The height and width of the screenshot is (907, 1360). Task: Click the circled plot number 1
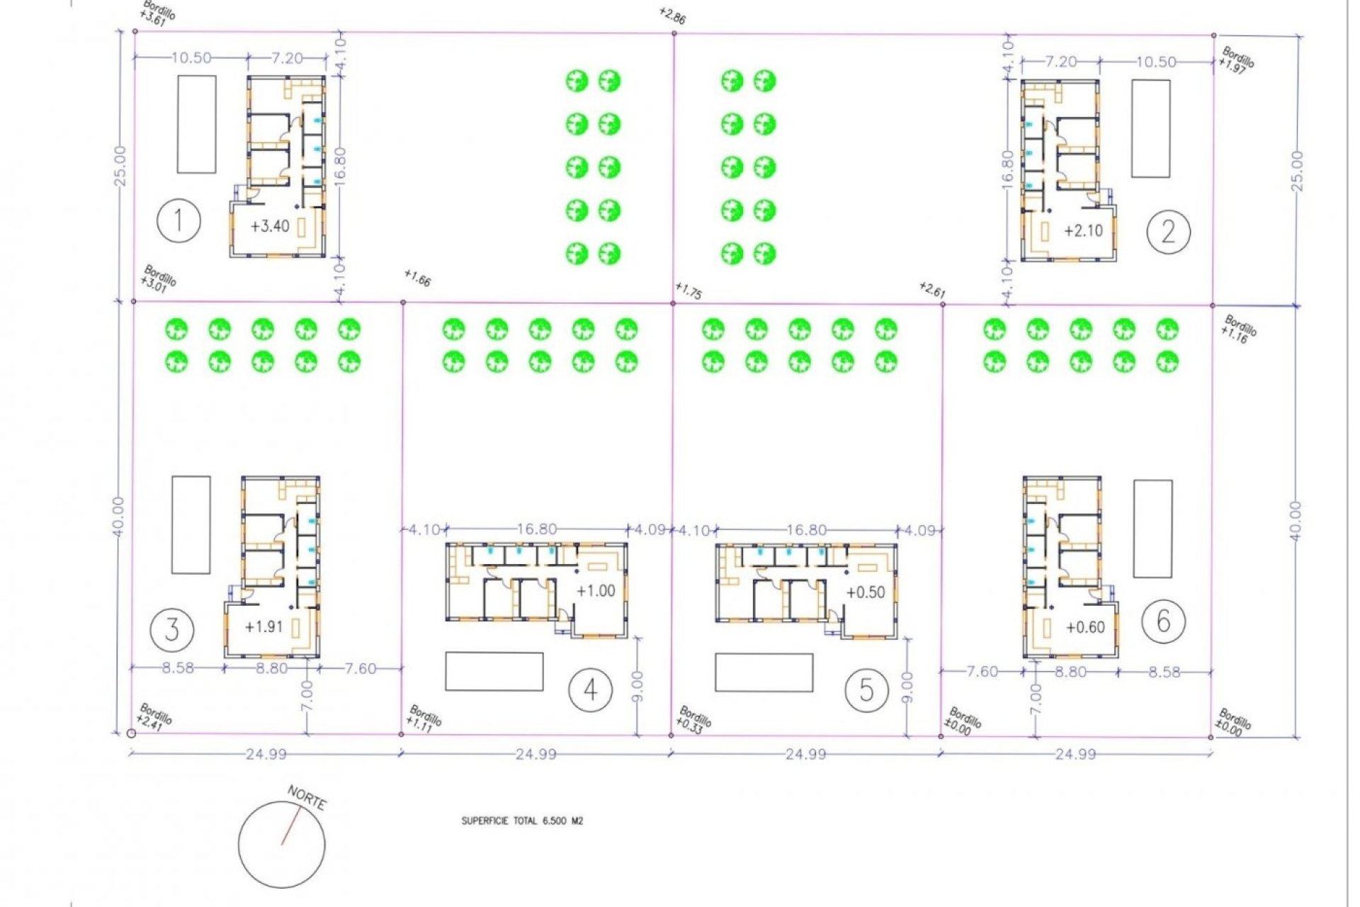pyautogui.click(x=178, y=221)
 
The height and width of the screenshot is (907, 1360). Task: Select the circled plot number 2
pyautogui.click(x=1168, y=231)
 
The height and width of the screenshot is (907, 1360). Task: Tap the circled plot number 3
pyautogui.click(x=172, y=629)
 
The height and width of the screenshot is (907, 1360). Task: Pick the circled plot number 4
pyautogui.click(x=590, y=689)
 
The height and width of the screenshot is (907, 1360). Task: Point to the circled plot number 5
pyautogui.click(x=866, y=689)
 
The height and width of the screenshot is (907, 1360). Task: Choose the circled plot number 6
pyautogui.click(x=1163, y=621)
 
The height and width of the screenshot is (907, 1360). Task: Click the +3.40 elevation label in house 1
pyautogui.click(x=270, y=227)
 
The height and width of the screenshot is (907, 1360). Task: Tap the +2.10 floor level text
pyautogui.click(x=1083, y=231)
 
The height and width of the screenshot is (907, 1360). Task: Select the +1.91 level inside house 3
pyautogui.click(x=263, y=627)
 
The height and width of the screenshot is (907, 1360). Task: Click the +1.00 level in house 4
pyautogui.click(x=596, y=591)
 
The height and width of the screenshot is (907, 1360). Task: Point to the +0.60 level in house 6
pyautogui.click(x=1085, y=627)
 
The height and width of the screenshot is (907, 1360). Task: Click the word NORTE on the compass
pyautogui.click(x=307, y=799)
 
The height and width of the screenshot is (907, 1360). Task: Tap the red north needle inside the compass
pyautogui.click(x=290, y=827)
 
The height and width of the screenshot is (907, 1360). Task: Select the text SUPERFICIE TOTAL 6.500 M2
pyautogui.click(x=522, y=821)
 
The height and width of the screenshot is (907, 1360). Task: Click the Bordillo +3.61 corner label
pyautogui.click(x=158, y=13)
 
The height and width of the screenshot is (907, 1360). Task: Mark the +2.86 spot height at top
pyautogui.click(x=671, y=16)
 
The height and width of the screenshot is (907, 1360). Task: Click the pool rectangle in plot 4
pyautogui.click(x=494, y=671)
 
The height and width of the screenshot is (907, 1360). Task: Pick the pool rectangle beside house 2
pyautogui.click(x=1150, y=128)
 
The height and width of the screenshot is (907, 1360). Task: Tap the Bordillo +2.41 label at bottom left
pyautogui.click(x=155, y=715)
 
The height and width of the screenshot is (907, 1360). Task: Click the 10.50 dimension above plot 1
pyautogui.click(x=191, y=58)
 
